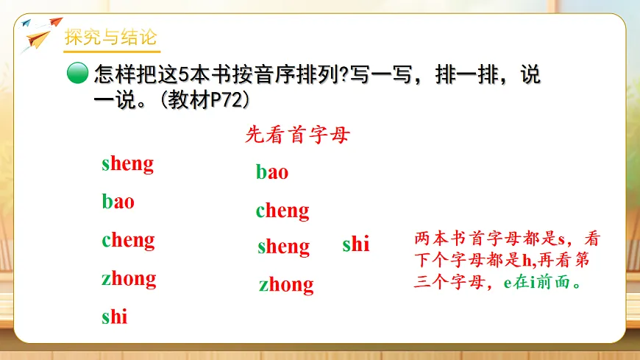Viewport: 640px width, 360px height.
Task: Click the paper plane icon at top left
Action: [x=37, y=33]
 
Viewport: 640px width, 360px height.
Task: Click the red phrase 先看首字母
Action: [x=297, y=135]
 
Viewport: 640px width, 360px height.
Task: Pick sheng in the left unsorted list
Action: [x=127, y=163]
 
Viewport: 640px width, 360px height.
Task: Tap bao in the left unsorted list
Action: [x=118, y=201]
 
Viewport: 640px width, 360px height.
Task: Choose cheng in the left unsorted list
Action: [x=128, y=240]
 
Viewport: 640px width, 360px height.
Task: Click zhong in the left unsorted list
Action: [x=129, y=278]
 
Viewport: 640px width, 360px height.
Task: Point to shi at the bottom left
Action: [x=115, y=317]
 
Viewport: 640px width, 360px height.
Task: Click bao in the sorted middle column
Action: [x=272, y=173]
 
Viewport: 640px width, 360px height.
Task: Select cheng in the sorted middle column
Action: [x=282, y=211]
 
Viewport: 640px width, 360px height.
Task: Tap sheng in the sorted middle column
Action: [x=283, y=247]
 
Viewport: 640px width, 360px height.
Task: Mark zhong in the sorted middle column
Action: [x=286, y=284]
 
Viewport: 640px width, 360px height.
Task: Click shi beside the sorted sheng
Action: [x=356, y=244]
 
